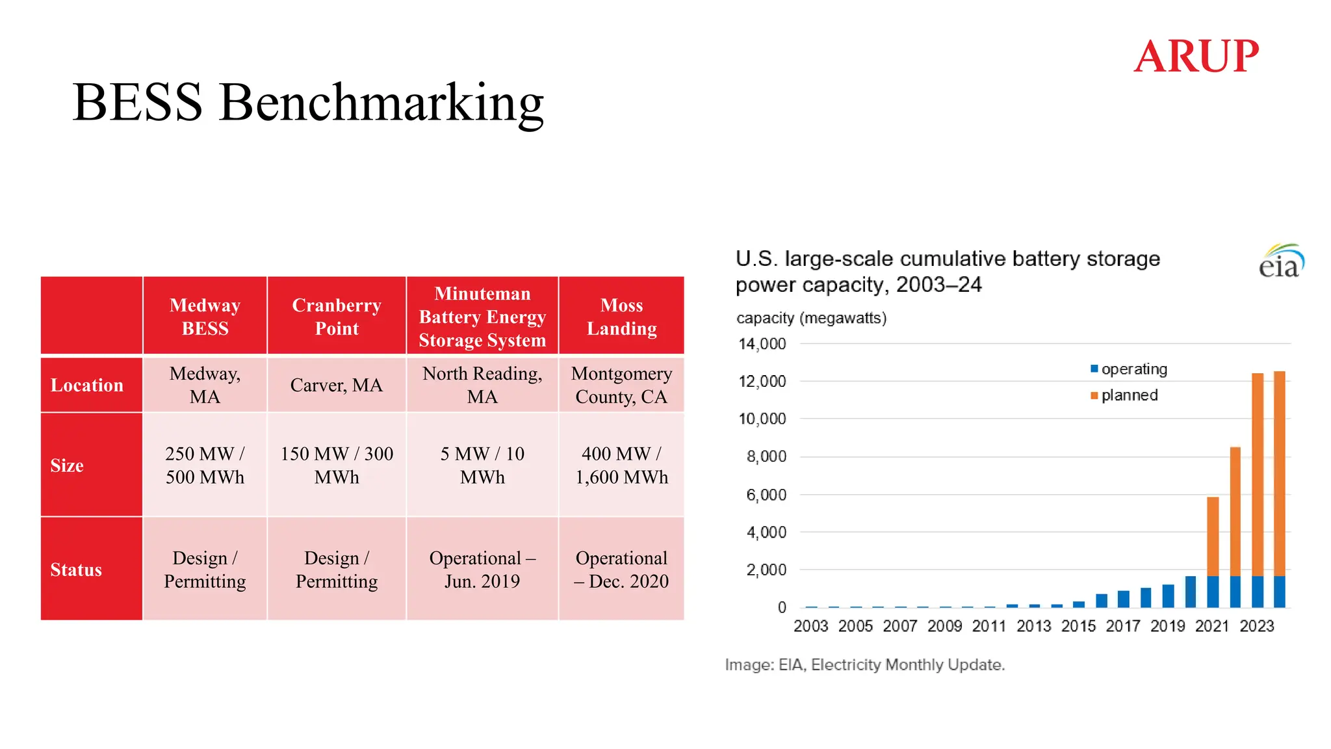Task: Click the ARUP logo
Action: click(1196, 56)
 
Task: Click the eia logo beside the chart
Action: click(1281, 261)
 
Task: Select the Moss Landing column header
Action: click(622, 317)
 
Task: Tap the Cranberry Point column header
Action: click(337, 317)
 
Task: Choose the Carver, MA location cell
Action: click(337, 385)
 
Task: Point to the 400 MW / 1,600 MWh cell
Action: click(622, 466)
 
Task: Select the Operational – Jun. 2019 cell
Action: click(482, 570)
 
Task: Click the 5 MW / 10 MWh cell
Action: click(482, 466)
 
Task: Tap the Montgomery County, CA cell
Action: click(622, 385)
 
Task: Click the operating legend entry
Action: click(1129, 369)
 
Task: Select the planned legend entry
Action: click(1124, 395)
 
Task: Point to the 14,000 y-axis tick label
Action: click(762, 344)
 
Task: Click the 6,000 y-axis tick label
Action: click(766, 495)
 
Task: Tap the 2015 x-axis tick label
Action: click(1078, 626)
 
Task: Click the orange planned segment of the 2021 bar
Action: click(1213, 536)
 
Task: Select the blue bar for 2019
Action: click(1168, 596)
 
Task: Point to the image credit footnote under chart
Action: click(865, 664)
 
